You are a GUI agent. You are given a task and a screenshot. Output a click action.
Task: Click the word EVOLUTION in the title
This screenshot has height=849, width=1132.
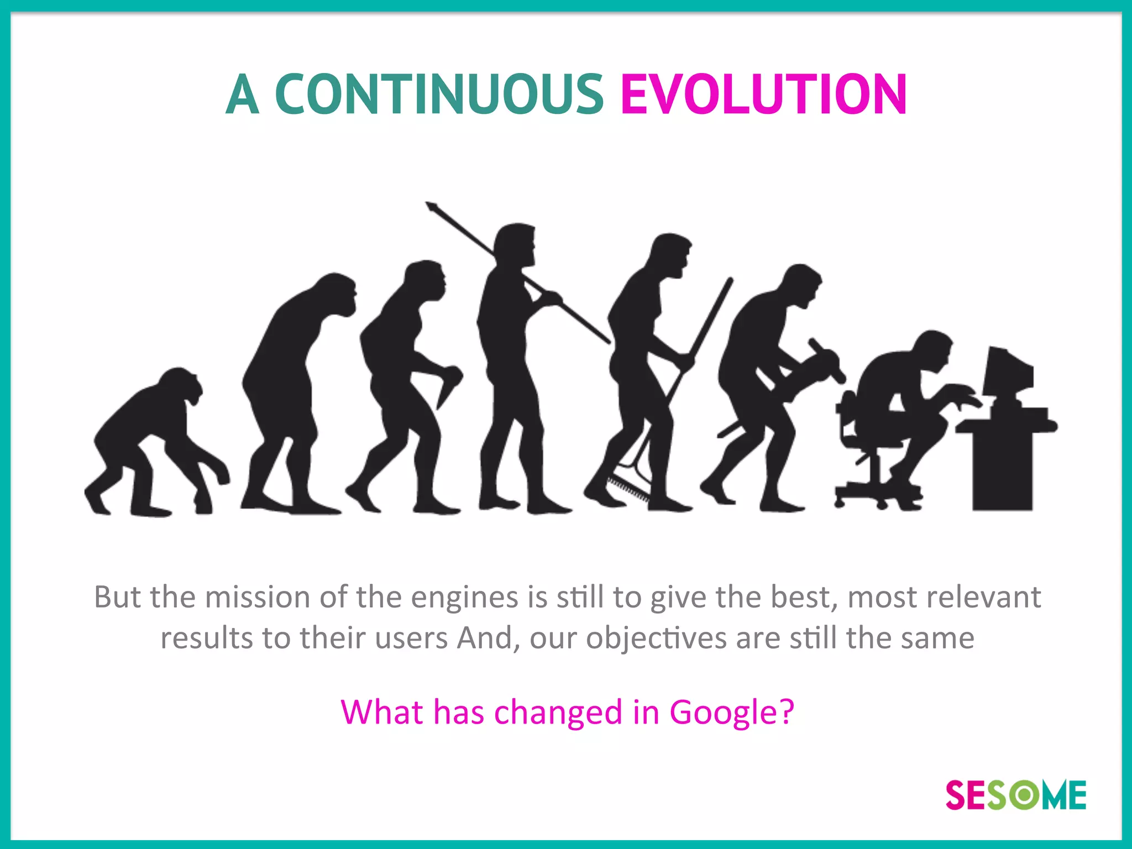click(763, 95)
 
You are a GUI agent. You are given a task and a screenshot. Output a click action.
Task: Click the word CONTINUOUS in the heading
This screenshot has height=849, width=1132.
click(439, 95)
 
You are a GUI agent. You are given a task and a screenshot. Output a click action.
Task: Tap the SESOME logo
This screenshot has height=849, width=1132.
click(1016, 795)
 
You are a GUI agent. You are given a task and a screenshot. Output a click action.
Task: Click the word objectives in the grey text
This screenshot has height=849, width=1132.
click(656, 639)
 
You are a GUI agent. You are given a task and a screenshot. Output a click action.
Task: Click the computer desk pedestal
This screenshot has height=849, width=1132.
click(1002, 470)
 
